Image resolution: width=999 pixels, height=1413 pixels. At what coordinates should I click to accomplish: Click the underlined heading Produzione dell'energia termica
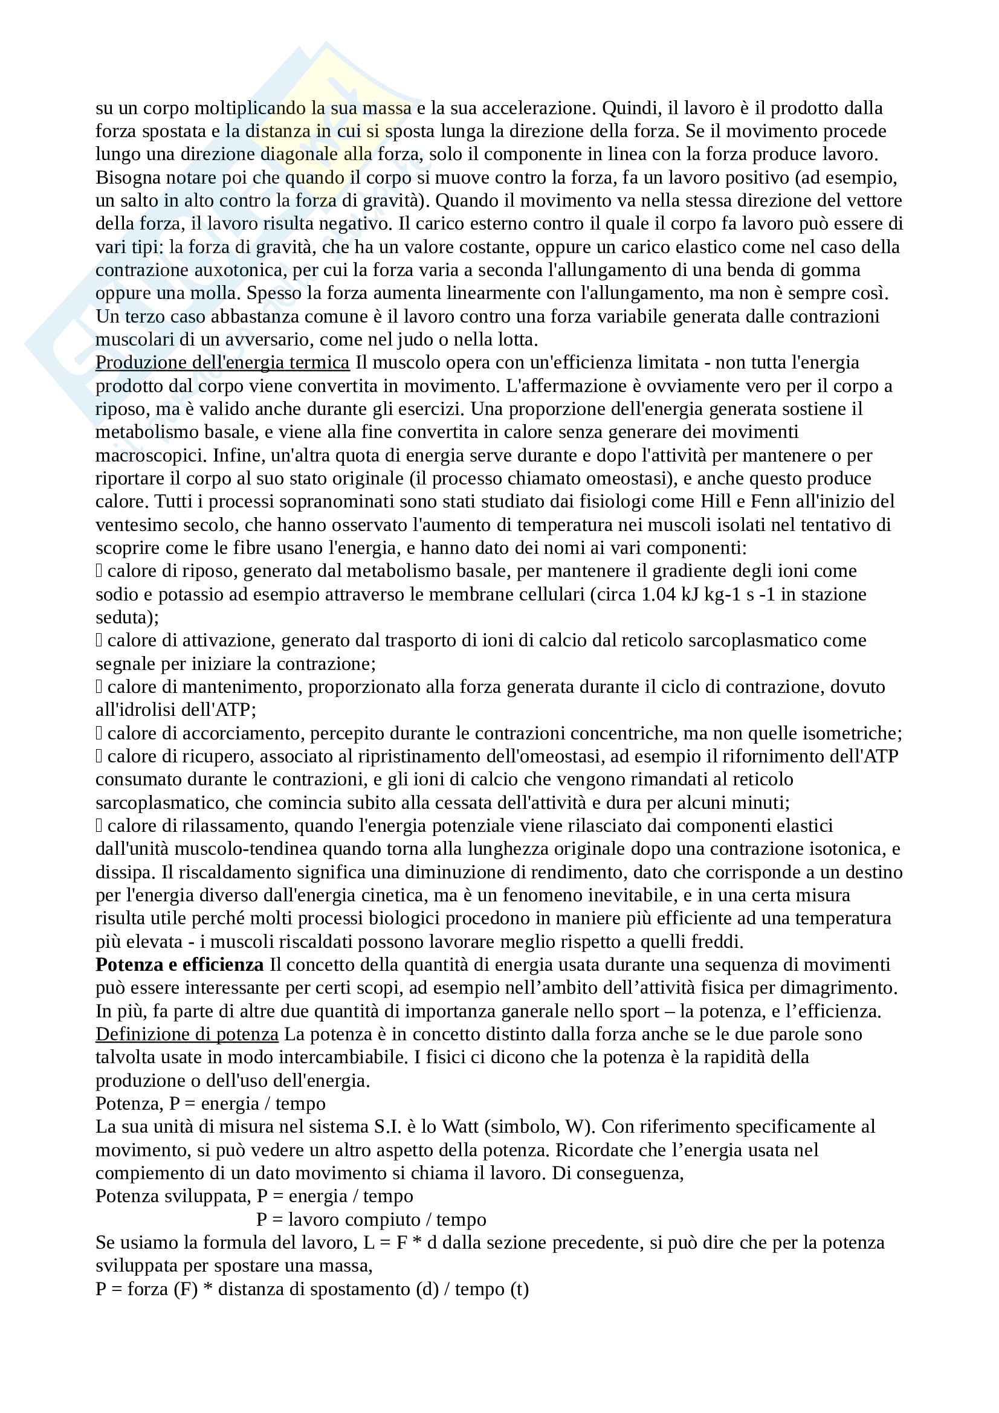[222, 362]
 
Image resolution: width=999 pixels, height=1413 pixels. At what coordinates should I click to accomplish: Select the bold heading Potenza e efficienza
[179, 964]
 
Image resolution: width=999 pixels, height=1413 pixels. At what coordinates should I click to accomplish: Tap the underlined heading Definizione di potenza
[187, 1034]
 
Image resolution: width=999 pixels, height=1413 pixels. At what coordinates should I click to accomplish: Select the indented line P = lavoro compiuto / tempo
[371, 1219]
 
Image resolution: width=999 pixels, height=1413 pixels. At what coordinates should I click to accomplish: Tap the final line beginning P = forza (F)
[312, 1289]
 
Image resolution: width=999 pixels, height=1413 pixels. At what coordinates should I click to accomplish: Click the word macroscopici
[151, 455]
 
